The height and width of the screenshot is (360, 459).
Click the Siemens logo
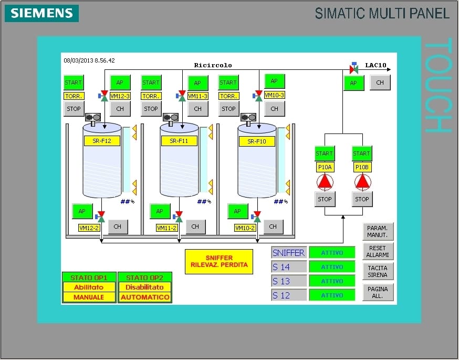pyautogui.click(x=41, y=13)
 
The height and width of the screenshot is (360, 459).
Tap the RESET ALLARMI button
pyautogui.click(x=378, y=251)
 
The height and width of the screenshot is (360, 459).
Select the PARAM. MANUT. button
pyautogui.click(x=378, y=231)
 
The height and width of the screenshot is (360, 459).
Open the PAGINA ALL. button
pyautogui.click(x=378, y=292)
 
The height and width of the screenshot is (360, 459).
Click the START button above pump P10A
pyautogui.click(x=325, y=153)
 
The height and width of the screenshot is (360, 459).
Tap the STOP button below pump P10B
pyautogui.click(x=362, y=199)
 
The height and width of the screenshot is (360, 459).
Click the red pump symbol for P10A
pyautogui.click(x=325, y=182)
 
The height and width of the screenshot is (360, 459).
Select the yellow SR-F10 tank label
pyautogui.click(x=257, y=141)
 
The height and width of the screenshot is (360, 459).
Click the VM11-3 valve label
pyautogui.click(x=197, y=96)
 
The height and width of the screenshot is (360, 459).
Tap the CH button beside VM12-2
pyautogui.click(x=118, y=227)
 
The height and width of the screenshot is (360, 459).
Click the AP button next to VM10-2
pyautogui.click(x=237, y=211)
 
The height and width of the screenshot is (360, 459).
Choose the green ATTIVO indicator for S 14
pyautogui.click(x=332, y=267)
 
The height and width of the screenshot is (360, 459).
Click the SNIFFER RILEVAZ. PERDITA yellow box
pyautogui.click(x=219, y=261)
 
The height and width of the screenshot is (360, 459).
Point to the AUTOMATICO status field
pyautogui.click(x=145, y=297)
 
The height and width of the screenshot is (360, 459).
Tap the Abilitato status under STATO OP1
pyautogui.click(x=88, y=287)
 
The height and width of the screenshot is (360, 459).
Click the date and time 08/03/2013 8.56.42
pyautogui.click(x=89, y=60)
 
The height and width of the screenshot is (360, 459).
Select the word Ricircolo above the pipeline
pyautogui.click(x=213, y=65)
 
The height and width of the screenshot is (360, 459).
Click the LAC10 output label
pyautogui.click(x=375, y=65)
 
